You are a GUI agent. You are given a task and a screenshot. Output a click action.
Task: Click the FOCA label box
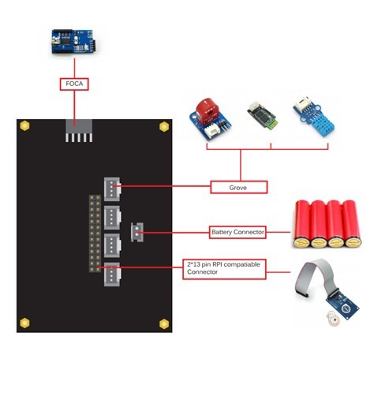tap(74, 84)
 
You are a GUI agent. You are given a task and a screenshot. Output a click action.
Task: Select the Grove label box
tap(239, 187)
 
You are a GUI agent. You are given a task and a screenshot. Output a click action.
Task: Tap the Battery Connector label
tap(238, 232)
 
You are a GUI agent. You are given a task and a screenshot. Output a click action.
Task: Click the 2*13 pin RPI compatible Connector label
tap(224, 269)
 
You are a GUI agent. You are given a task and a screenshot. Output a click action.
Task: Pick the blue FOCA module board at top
tap(73, 42)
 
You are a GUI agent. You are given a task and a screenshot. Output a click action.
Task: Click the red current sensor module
tap(210, 118)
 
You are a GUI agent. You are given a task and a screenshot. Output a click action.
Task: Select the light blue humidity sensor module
tap(314, 117)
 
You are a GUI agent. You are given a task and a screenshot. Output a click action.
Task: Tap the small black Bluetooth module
tap(262, 115)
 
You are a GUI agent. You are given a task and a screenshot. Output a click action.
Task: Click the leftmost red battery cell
tap(302, 224)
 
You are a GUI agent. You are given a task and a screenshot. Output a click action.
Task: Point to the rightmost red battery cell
tap(352, 224)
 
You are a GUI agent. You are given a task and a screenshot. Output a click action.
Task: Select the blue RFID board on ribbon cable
tap(342, 306)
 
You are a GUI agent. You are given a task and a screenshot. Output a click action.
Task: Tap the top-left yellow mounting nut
tap(24, 125)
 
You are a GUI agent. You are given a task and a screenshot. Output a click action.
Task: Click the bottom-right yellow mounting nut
tap(164, 323)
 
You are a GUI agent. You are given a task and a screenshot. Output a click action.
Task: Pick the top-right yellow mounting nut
tap(164, 126)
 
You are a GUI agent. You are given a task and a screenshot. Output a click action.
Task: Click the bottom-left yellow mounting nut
tap(24, 323)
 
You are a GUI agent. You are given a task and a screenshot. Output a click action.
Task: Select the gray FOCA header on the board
tap(79, 130)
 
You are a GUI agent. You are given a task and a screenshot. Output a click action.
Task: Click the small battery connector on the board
tap(137, 232)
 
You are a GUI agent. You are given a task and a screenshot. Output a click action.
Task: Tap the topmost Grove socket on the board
tap(112, 189)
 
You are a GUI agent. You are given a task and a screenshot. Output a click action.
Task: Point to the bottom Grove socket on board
tap(112, 275)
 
